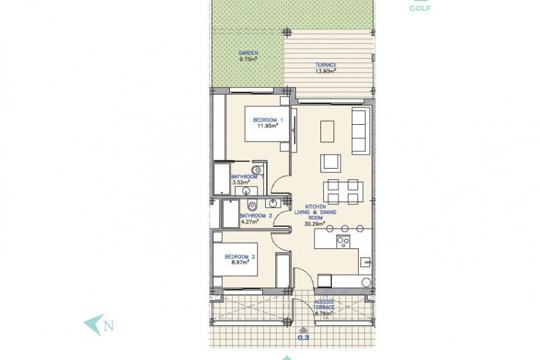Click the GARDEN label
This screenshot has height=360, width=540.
(248, 53)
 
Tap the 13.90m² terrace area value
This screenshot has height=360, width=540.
(325, 71)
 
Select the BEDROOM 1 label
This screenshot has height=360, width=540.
(268, 120)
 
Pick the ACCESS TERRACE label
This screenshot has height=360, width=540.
(324, 305)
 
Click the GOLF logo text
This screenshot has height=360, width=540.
(420, 8)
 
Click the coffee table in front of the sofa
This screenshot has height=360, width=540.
(327, 131)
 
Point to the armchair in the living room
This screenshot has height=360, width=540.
(331, 163)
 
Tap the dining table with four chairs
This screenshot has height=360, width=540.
(343, 192)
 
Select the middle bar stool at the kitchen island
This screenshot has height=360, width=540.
(345, 229)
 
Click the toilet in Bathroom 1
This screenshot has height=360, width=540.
(257, 170)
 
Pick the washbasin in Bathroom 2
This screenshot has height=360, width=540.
(273, 203)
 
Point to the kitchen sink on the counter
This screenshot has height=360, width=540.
(365, 262)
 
